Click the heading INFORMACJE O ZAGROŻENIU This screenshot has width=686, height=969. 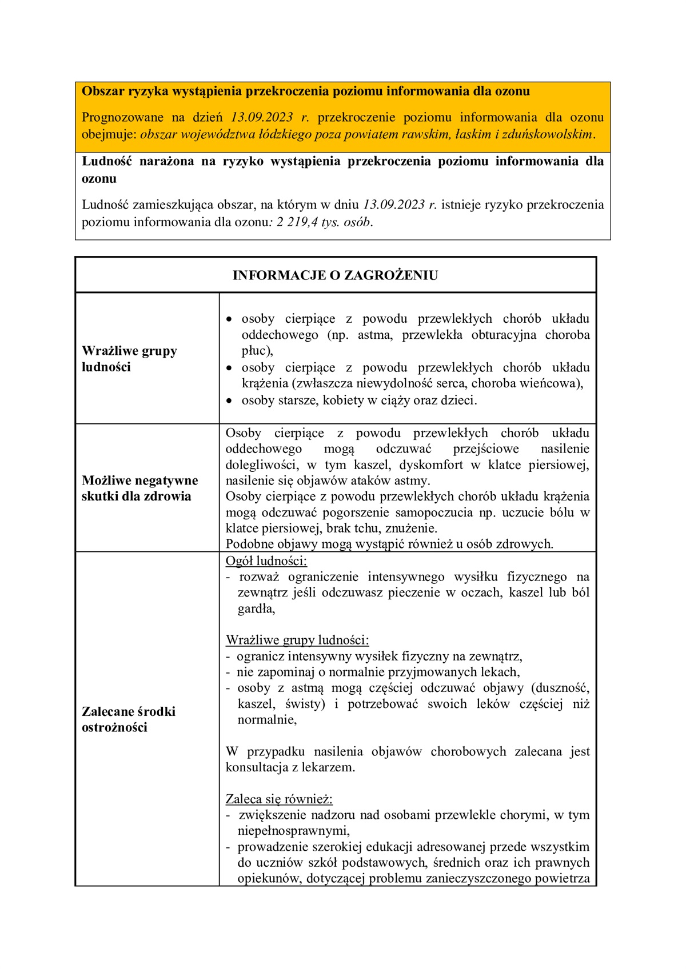pyautogui.click(x=335, y=275)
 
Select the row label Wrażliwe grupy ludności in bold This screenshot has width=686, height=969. pyautogui.click(x=129, y=359)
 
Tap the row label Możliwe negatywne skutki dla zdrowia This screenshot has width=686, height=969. pyautogui.click(x=139, y=488)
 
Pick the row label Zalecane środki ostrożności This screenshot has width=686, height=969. pyautogui.click(x=129, y=719)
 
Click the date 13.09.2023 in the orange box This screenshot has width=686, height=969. pyautogui.click(x=262, y=118)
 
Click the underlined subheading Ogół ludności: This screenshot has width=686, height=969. pyautogui.click(x=266, y=561)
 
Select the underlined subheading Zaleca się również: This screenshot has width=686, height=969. pyautogui.click(x=279, y=799)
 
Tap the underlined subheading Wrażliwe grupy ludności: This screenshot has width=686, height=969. pyautogui.click(x=297, y=640)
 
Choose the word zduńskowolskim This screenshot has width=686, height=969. pyautogui.click(x=551, y=135)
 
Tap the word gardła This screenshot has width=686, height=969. pyautogui.click(x=256, y=609)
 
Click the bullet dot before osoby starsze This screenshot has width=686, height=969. pyautogui.click(x=229, y=401)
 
